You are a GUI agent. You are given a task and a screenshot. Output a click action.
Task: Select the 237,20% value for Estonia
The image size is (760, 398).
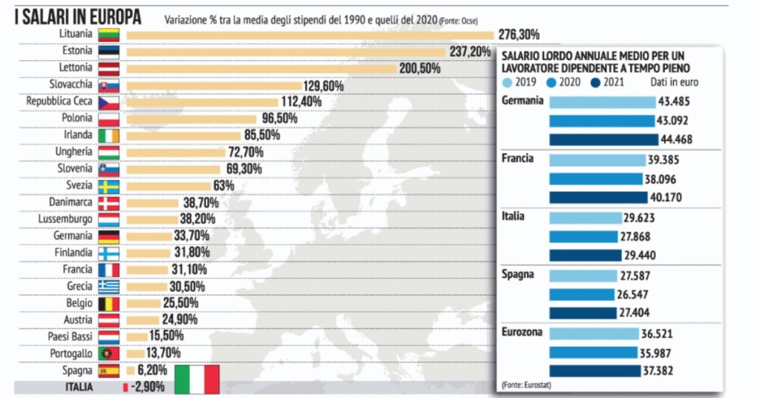click(470, 52)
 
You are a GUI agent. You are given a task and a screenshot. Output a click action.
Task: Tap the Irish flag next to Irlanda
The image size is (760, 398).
click(108, 136)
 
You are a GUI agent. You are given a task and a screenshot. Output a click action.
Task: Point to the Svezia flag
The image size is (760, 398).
click(108, 186)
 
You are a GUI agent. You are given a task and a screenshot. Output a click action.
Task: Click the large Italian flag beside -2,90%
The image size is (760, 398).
click(197, 379)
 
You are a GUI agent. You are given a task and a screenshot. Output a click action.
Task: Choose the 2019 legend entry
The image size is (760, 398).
click(519, 83)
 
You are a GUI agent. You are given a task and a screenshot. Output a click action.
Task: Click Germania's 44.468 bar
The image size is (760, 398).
click(603, 139)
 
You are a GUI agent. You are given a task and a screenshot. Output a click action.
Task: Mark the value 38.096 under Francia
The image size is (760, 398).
click(664, 179)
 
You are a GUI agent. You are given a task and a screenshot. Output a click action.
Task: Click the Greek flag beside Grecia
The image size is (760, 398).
click(108, 287)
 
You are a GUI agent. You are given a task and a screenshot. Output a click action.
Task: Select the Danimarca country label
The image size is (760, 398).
click(71, 202)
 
